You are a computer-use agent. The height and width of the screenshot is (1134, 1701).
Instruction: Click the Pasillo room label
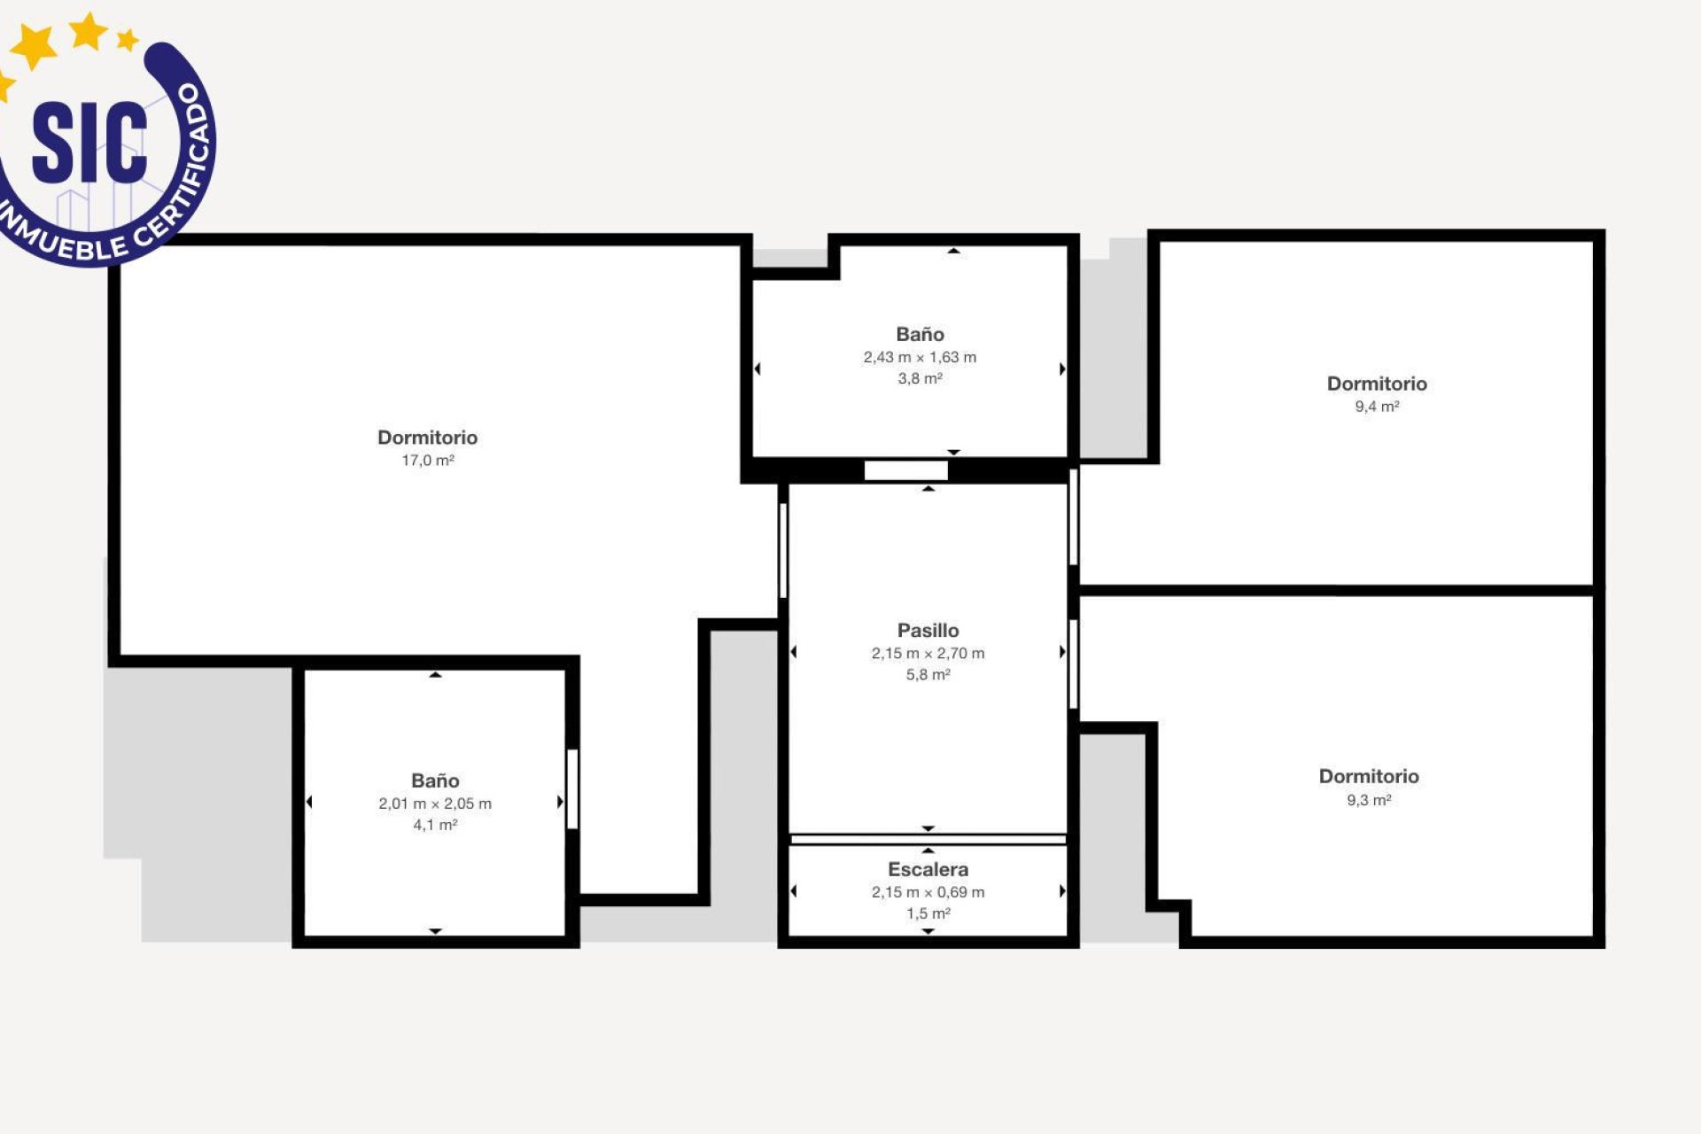[x=928, y=631]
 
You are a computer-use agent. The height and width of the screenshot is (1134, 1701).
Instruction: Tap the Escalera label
[x=928, y=870]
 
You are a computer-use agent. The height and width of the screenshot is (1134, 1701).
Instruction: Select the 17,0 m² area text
[x=428, y=461]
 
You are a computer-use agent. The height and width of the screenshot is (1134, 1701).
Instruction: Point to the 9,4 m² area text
[x=1377, y=407]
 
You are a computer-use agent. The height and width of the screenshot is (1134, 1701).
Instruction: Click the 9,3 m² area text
[x=1369, y=800]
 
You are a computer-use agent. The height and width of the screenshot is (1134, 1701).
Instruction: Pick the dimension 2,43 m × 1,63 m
[x=920, y=358]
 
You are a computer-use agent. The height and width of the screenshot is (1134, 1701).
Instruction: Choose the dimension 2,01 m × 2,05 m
[x=435, y=804]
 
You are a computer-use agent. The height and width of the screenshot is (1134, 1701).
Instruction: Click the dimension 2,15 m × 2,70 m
[x=928, y=654]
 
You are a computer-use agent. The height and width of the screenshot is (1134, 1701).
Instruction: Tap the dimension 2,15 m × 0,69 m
[x=928, y=893]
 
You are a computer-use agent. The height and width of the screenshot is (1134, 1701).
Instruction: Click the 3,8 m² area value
[x=920, y=379]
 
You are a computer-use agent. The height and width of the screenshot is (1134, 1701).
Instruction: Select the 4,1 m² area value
[x=435, y=826]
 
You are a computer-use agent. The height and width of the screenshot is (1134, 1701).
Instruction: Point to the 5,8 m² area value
[x=928, y=675]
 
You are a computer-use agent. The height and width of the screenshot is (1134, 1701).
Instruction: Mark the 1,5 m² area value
[x=928, y=914]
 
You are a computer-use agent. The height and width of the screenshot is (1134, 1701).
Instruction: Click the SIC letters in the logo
[x=89, y=142]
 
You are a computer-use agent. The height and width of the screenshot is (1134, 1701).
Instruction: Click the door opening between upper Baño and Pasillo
[x=905, y=471]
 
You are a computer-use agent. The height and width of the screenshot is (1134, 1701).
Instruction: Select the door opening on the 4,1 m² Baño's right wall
[x=572, y=789]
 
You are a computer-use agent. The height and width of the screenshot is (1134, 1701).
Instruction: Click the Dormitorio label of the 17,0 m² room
[x=428, y=438]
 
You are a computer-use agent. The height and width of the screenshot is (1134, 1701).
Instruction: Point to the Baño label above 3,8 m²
[x=920, y=335]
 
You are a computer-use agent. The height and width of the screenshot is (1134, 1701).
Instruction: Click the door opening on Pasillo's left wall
[x=783, y=550]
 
